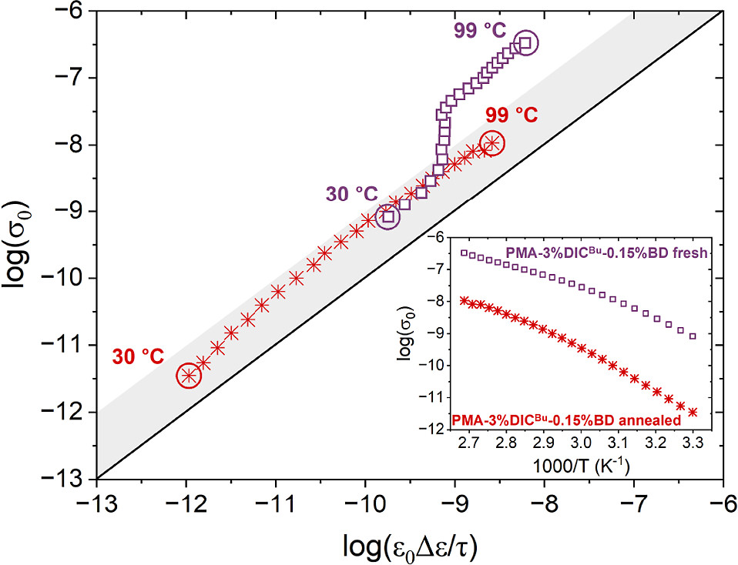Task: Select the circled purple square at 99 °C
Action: tap(525, 42)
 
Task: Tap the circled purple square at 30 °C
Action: tap(388, 217)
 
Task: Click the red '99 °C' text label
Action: tap(512, 115)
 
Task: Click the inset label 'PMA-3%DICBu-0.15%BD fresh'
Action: tap(605, 252)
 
